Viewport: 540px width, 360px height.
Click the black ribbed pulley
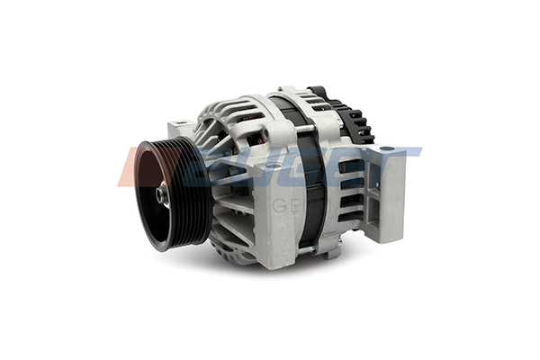click(171, 193)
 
